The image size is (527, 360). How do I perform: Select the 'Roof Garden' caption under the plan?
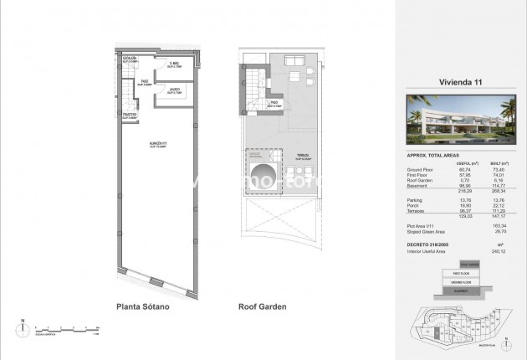[x=262, y=307]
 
